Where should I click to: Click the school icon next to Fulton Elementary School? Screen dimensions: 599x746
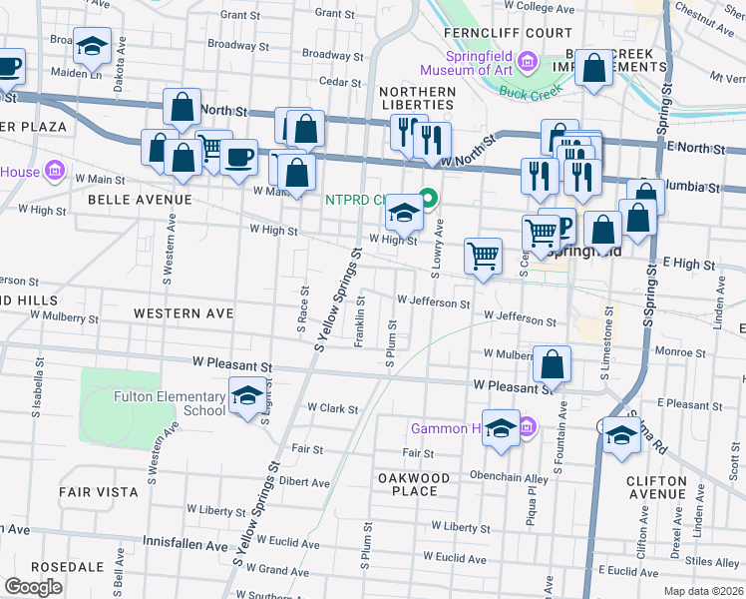pos(248,396)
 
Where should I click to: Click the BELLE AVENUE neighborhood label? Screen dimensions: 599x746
pos(140,200)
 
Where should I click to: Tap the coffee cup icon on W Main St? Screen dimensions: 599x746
pos(238,157)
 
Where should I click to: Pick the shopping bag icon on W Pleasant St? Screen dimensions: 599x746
pos(552,363)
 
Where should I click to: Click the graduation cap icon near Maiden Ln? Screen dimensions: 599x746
pos(92,46)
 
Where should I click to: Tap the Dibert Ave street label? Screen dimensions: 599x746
pos(305,482)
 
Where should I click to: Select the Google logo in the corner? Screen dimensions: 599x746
pos(33,587)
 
